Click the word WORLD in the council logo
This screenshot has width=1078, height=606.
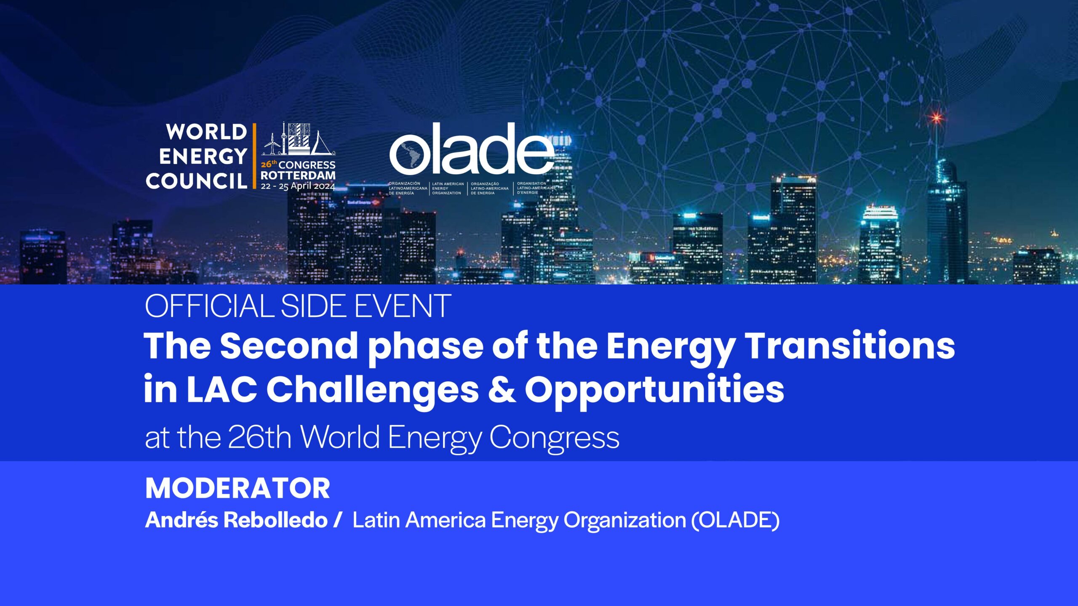coord(206,132)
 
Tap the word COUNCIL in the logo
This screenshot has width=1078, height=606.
coord(196,181)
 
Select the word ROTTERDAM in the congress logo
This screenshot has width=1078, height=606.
coord(298,175)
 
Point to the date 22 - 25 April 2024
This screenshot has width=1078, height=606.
coord(298,186)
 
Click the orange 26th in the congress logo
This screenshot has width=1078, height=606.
coord(269,164)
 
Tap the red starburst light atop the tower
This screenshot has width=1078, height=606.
coord(936,117)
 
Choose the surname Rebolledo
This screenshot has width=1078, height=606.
coord(275,520)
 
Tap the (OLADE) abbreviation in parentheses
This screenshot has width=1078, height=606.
coord(735,520)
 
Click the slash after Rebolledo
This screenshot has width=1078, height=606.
coord(337,520)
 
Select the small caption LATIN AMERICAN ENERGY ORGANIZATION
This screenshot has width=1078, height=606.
coord(448,189)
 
